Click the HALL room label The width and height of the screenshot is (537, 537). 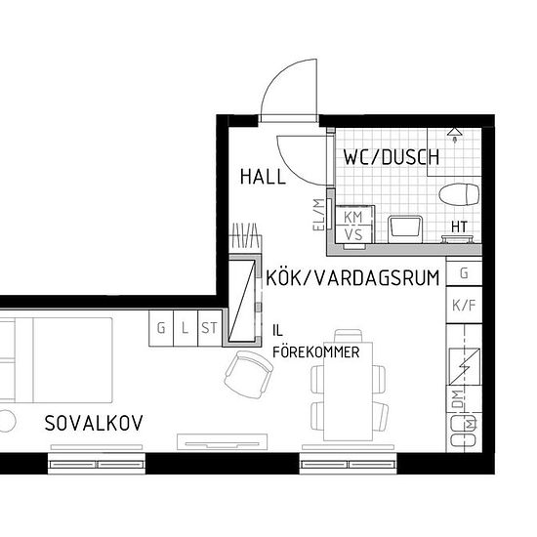click(x=263, y=177)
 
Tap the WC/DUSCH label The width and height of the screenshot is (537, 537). click(x=391, y=157)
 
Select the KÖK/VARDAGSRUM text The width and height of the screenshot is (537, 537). click(x=352, y=277)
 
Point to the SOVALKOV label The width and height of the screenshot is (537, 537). click(x=94, y=423)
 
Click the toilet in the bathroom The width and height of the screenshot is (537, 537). click(x=460, y=193)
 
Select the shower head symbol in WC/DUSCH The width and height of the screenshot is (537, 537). click(x=455, y=131)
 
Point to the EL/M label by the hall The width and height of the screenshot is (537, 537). click(x=317, y=214)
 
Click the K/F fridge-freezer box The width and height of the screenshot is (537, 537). click(x=464, y=305)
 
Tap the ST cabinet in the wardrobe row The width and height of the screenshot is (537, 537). click(x=210, y=328)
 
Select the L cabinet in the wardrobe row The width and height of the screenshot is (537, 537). click(x=186, y=328)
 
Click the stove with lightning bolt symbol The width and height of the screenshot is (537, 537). click(x=465, y=366)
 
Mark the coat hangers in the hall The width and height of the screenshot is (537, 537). click(x=245, y=237)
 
